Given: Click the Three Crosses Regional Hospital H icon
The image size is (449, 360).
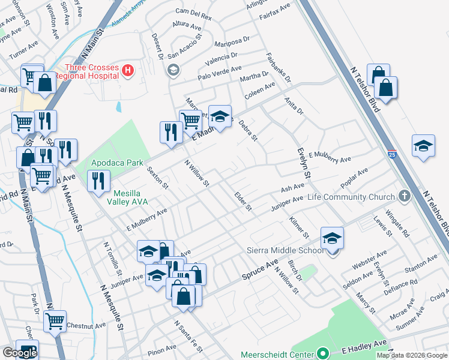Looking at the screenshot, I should coord(127,71).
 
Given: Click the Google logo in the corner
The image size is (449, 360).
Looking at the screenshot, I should coord(20,353).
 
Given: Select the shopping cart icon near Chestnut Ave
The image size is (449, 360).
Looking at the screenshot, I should coord(55,322).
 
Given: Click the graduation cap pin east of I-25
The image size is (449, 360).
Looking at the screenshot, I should coord(423,146).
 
